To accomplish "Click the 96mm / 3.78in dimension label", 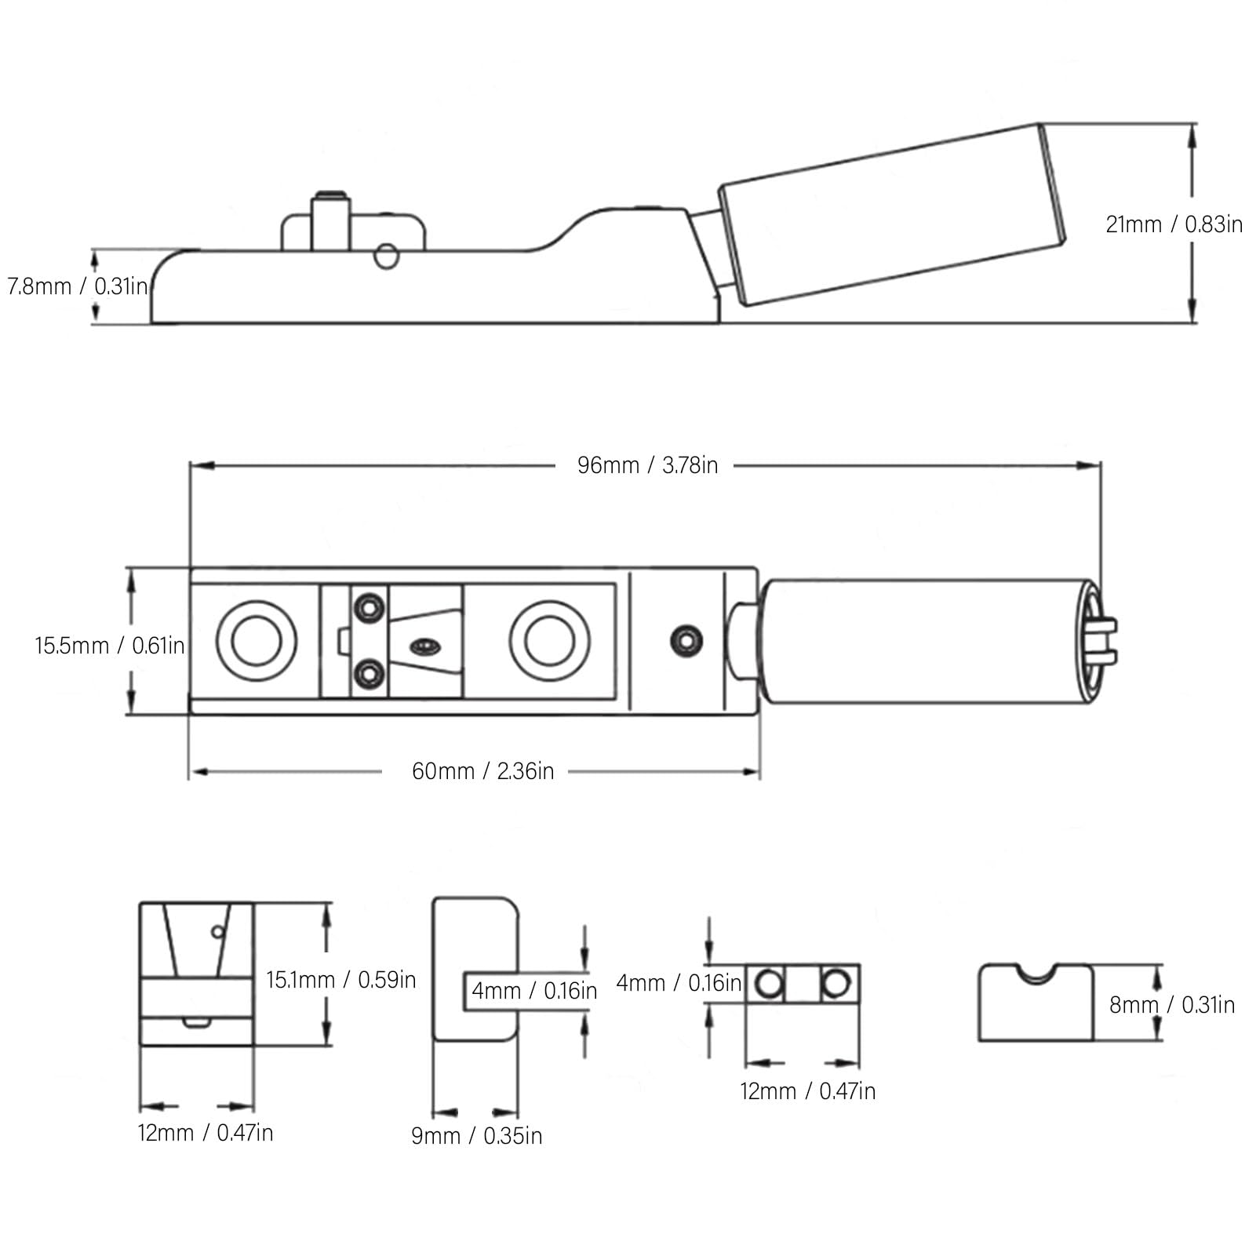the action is (647, 465).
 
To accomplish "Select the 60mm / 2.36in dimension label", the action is (482, 771).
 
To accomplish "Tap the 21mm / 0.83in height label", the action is (1174, 224).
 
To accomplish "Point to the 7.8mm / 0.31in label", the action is (77, 286).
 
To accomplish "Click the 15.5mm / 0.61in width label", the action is (110, 646).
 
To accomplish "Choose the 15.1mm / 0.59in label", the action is (340, 980).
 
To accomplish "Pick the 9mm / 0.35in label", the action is (477, 1136).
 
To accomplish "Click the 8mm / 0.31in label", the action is (1172, 1005).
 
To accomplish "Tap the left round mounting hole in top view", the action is (256, 641).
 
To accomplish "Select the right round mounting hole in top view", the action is (549, 641).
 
